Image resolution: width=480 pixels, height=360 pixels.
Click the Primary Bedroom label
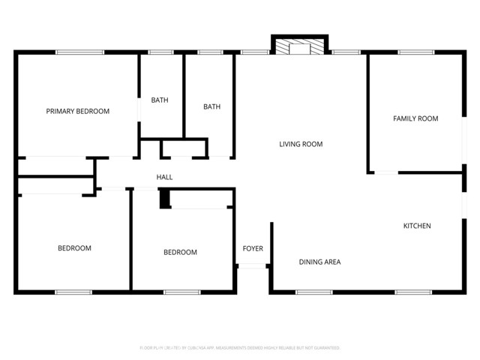78,111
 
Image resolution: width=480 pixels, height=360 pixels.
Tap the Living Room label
301,144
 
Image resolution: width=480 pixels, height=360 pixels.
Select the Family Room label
415,118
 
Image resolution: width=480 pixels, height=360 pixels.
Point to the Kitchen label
417,226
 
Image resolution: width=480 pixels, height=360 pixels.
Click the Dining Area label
320,262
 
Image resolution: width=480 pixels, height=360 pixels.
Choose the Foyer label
253,248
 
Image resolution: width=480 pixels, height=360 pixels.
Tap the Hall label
164,177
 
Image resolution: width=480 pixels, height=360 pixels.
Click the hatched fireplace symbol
300,48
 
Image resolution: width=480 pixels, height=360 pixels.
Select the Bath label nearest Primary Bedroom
160,100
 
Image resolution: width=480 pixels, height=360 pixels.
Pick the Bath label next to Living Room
211,106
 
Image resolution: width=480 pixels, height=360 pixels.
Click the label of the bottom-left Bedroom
75,248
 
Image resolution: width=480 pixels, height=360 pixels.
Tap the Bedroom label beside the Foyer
180,252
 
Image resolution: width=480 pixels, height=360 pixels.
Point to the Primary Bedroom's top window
79,52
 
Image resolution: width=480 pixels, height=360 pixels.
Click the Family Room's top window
415,52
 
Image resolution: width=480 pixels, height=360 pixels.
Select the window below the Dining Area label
314,291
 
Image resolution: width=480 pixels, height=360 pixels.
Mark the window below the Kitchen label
413,291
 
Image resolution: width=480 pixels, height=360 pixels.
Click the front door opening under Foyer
253,265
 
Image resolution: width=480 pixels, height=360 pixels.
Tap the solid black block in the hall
164,199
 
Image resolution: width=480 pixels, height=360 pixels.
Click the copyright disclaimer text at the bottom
240,348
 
